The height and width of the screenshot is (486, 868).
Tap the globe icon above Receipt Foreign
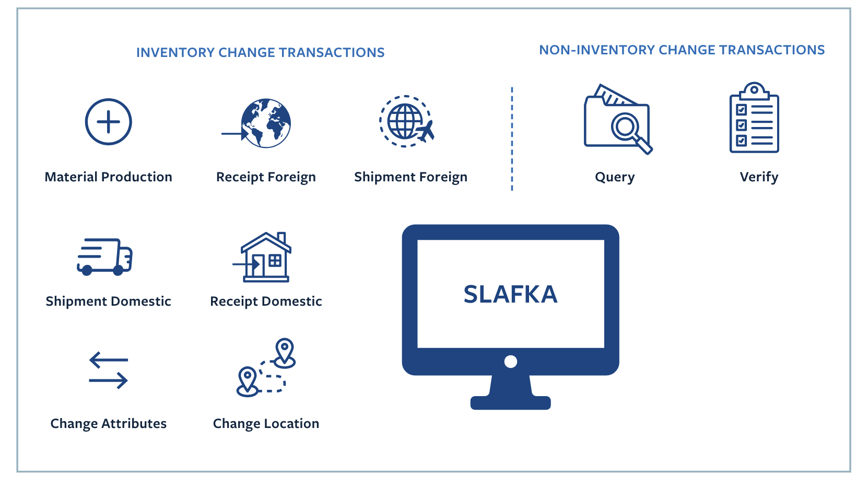[266, 123]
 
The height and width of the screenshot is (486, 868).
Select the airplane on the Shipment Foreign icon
[426, 131]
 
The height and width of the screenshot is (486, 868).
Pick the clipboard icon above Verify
[754, 117]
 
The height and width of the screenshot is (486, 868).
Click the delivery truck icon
[104, 257]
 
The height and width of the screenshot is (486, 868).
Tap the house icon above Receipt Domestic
[266, 257]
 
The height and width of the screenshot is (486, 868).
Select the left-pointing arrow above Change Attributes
[109, 360]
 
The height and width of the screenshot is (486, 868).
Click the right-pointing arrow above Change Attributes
[109, 380]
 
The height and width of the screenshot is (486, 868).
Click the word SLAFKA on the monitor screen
[510, 294]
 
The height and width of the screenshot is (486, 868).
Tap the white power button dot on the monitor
[511, 362]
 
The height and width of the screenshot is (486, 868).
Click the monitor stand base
[510, 402]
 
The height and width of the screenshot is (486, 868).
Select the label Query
[615, 177]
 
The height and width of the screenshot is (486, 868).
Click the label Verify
[759, 177]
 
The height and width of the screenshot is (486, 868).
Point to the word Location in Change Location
[291, 424]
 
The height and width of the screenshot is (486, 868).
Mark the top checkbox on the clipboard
[741, 110]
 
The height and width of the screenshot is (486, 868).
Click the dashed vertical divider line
[512, 139]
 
